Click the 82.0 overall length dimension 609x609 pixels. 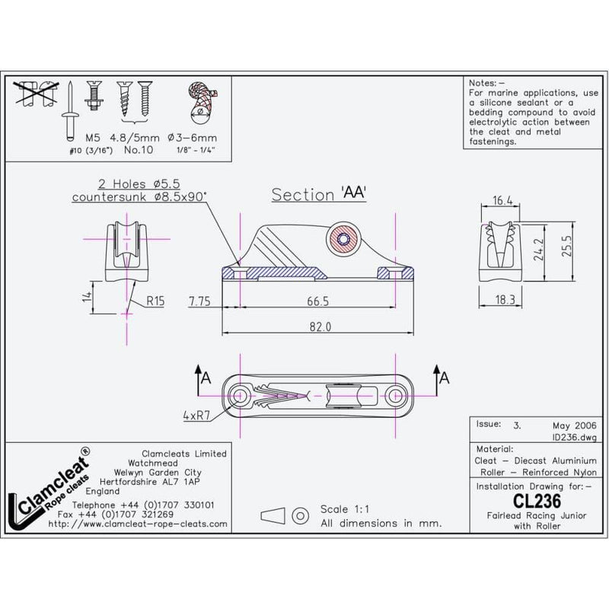tap(320, 327)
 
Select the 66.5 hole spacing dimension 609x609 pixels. tap(319, 301)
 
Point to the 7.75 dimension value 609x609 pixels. tap(200, 301)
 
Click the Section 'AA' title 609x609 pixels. tap(320, 194)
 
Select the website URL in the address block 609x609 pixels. tap(137, 525)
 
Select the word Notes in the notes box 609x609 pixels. tap(483, 83)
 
